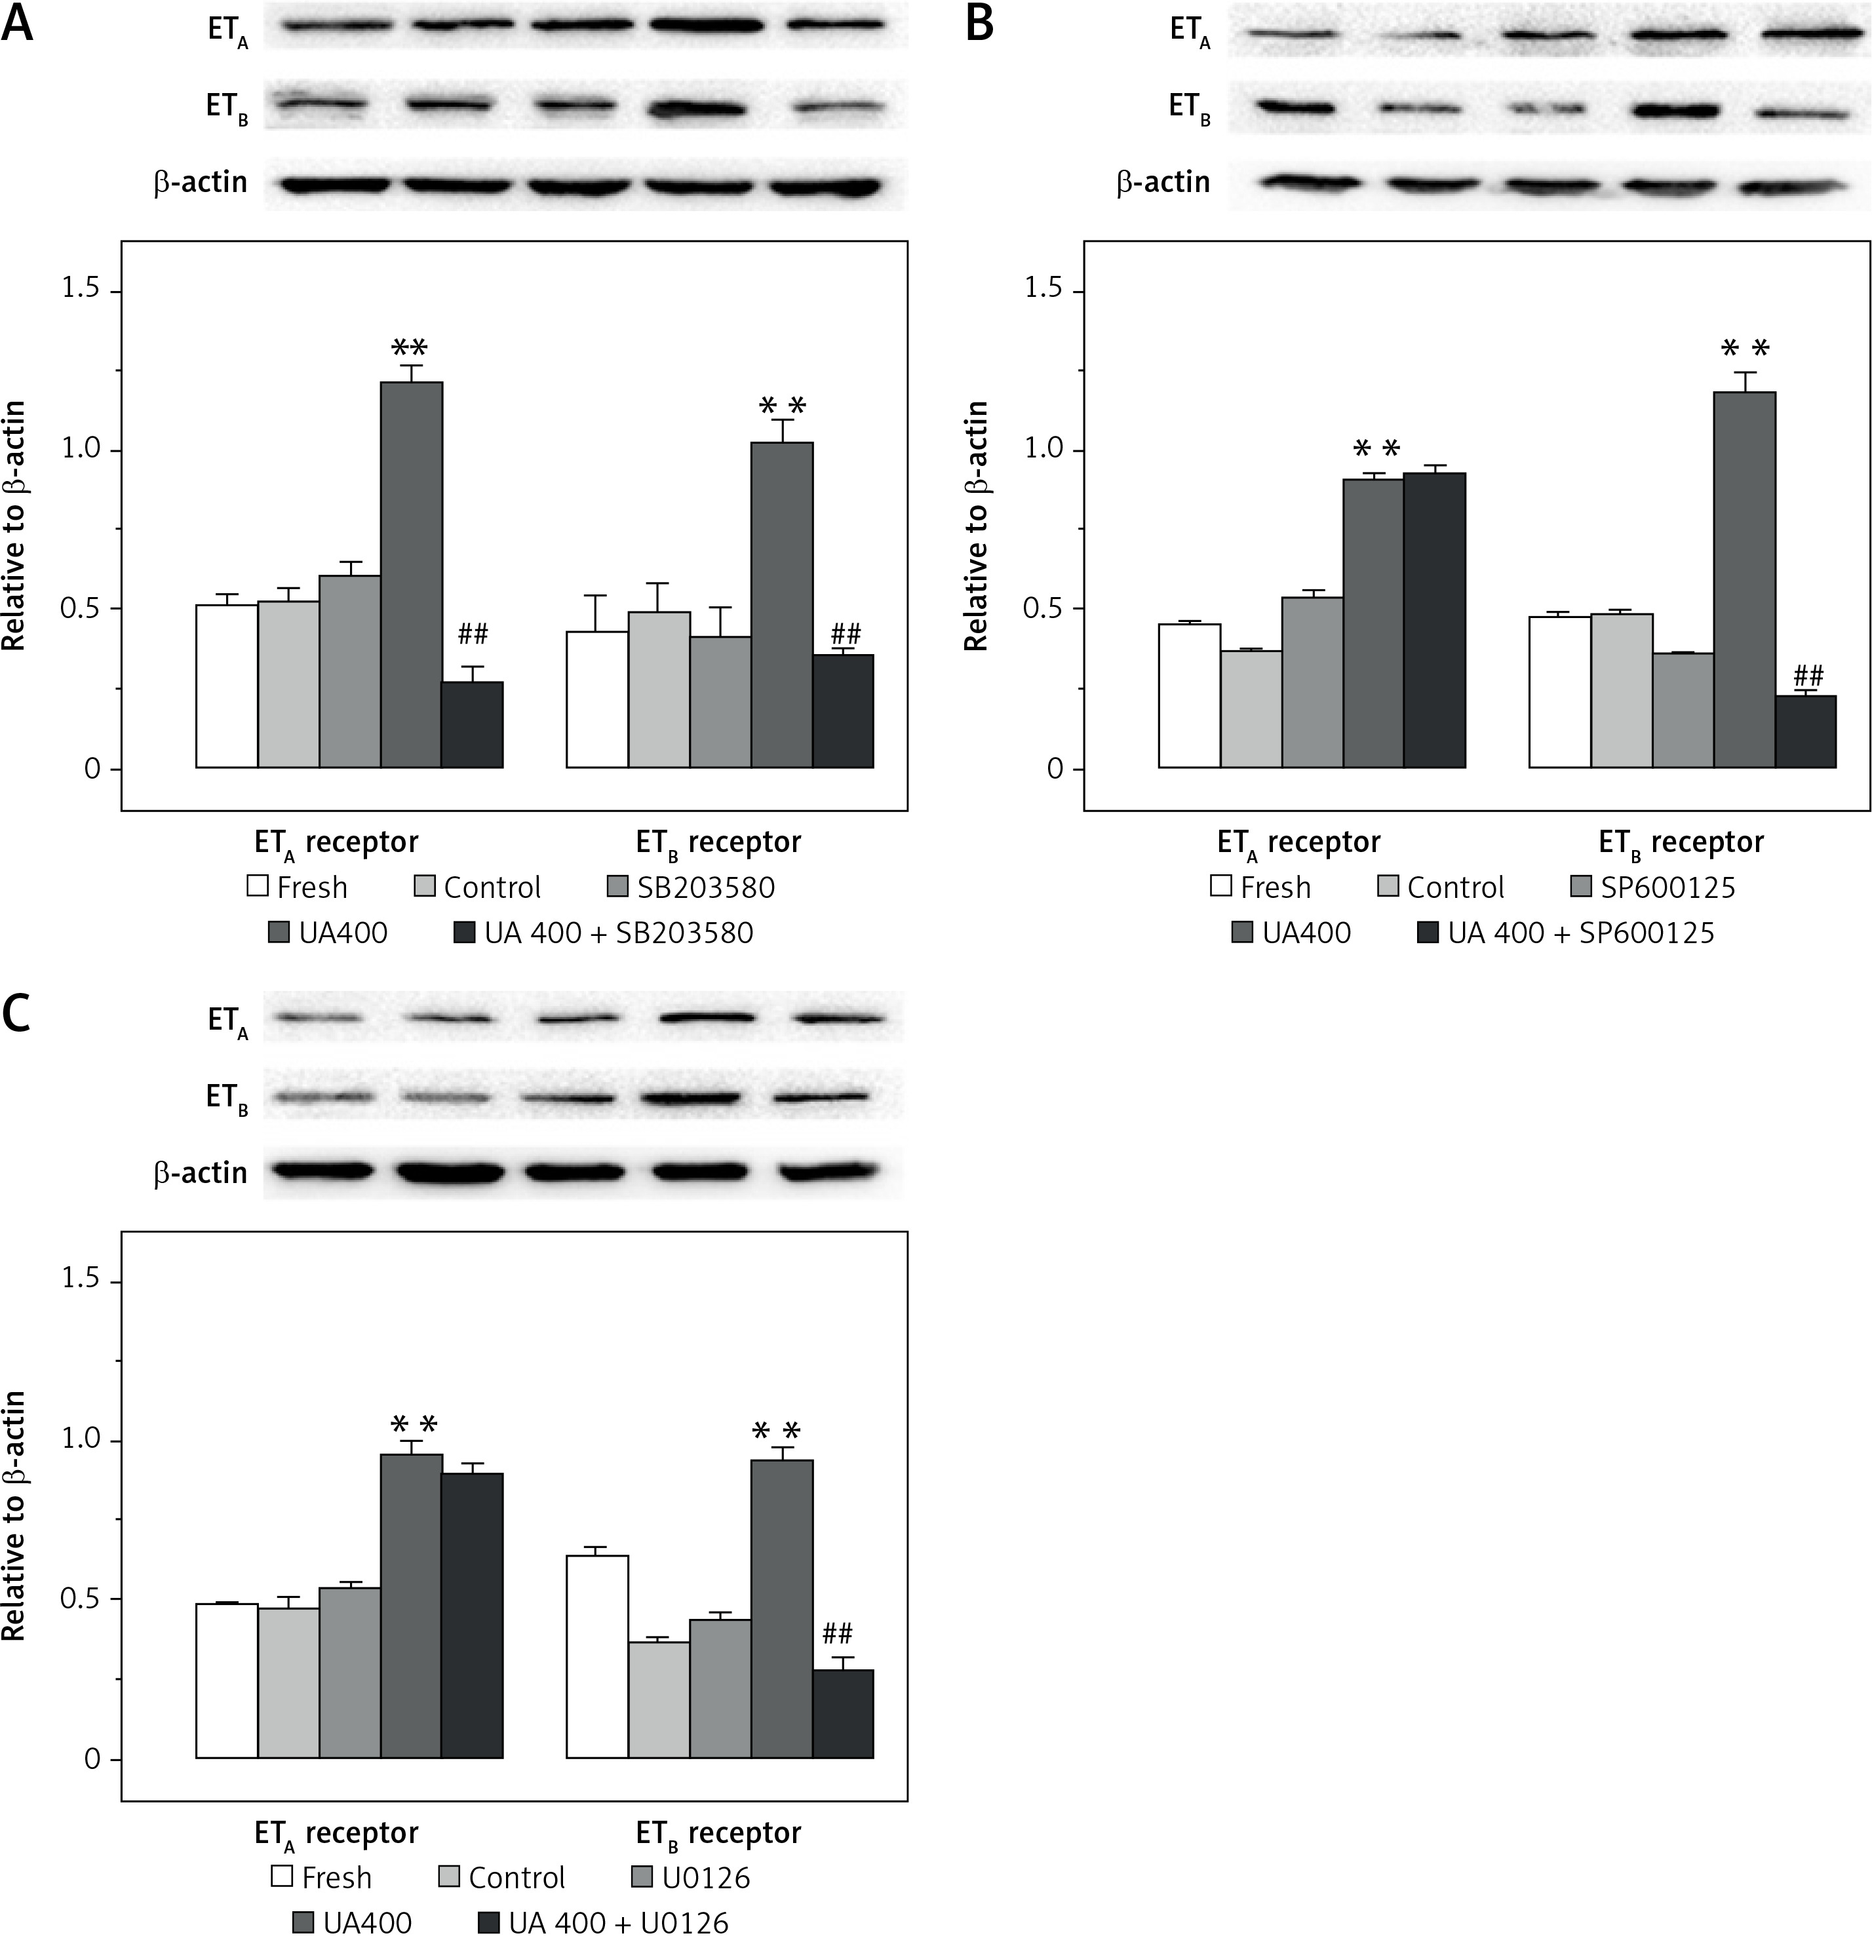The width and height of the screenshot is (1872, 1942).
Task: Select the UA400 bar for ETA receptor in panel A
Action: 411,575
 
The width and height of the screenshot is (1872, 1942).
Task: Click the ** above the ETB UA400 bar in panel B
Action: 1745,348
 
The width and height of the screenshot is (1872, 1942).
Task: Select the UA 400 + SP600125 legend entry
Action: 1580,933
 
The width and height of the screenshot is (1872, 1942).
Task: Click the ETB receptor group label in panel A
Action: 718,843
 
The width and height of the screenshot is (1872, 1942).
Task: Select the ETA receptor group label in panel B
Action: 1298,843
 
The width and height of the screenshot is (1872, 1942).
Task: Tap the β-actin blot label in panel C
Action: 200,1173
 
